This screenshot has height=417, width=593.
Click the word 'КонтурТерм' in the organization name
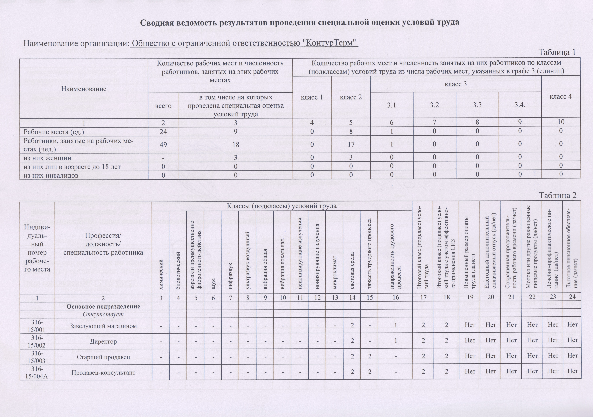330,42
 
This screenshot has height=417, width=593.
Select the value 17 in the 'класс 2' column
351,144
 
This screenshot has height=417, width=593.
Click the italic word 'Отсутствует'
103,314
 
